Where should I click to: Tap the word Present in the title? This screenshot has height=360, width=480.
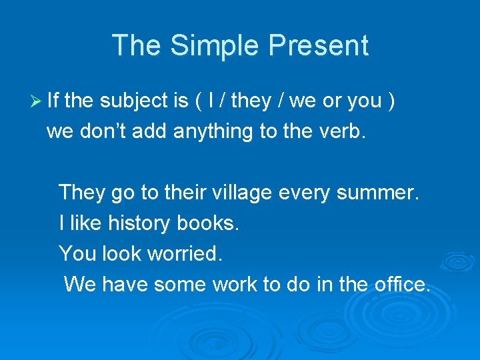tap(319, 45)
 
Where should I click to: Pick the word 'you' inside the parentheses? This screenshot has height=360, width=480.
tap(365, 102)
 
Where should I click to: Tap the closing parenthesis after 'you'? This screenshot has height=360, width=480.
tap(392, 101)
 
